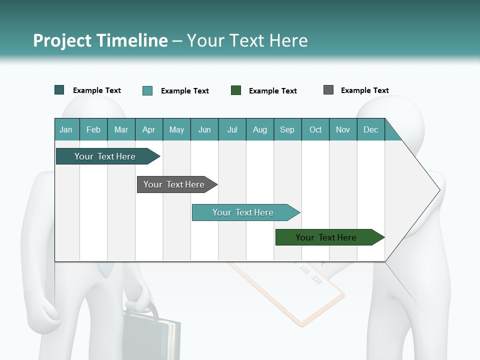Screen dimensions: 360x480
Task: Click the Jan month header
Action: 66,130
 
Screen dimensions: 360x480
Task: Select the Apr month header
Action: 149,130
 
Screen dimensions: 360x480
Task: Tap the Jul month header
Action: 232,130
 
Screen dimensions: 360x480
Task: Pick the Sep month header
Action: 287,130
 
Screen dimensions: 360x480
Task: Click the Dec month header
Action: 370,130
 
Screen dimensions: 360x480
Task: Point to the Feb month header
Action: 93,130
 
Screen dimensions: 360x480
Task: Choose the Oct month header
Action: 315,130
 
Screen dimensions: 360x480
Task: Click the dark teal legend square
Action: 59,90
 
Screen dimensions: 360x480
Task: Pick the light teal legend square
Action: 147,90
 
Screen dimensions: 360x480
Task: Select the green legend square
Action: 236,90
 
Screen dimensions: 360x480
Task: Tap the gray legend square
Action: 328,90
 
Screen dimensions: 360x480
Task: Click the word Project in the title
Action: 62,40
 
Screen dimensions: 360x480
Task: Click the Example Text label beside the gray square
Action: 364,90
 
